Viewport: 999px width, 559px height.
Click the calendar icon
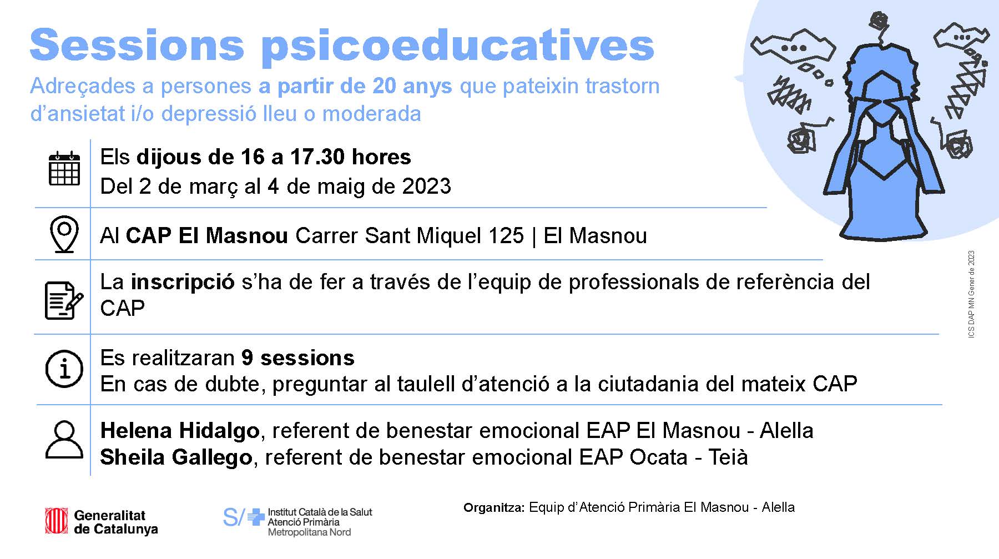pyautogui.click(x=64, y=168)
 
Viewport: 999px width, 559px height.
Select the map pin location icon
pyautogui.click(x=64, y=234)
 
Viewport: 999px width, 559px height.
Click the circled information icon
pyautogui.click(x=64, y=369)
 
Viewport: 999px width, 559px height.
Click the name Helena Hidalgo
pyautogui.click(x=180, y=431)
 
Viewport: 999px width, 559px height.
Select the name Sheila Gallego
pyautogui.click(x=176, y=457)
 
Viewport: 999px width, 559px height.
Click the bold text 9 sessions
pyautogui.click(x=298, y=358)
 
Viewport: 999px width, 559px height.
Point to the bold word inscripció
pyautogui.click(x=183, y=283)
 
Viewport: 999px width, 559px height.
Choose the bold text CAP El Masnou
pyautogui.click(x=207, y=236)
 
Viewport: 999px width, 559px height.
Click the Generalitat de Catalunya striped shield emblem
pyautogui.click(x=57, y=521)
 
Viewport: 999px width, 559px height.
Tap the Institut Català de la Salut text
pyautogui.click(x=320, y=512)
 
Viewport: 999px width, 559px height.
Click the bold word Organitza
pyautogui.click(x=493, y=507)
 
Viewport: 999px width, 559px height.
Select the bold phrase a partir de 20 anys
pyautogui.click(x=356, y=87)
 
